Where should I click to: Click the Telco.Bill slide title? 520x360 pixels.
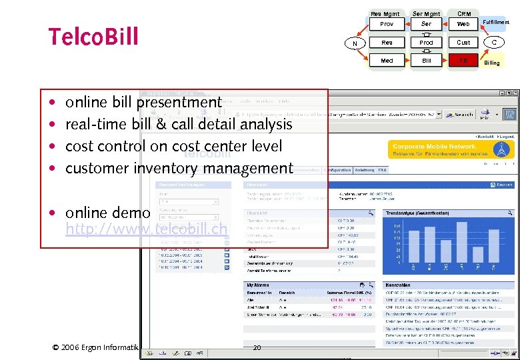tap(93, 37)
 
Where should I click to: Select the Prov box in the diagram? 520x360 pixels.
tap(387, 24)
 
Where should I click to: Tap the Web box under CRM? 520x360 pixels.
tap(463, 24)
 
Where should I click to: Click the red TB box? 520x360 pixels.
tap(463, 61)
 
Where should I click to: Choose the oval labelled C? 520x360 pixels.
tap(494, 43)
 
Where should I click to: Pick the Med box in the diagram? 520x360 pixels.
tap(387, 61)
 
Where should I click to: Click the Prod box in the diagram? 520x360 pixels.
tap(426, 43)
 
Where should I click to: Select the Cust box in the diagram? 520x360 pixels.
tap(463, 43)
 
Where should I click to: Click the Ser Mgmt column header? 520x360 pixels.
tap(426, 13)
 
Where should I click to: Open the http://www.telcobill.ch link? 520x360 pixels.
tap(147, 230)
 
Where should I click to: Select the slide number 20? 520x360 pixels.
tap(257, 347)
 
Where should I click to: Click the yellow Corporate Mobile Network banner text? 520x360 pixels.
tap(435, 146)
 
